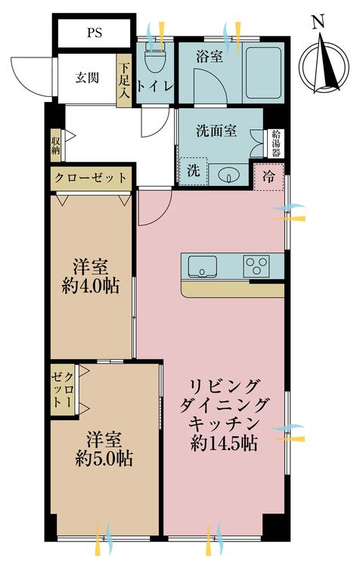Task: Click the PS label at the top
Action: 95,33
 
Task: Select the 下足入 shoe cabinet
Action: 125,79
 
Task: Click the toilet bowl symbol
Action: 156,56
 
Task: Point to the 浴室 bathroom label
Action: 209,56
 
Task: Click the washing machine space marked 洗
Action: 192,171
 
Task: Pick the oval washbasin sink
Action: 228,175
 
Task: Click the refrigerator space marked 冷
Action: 268,176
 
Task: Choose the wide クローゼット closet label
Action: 89,178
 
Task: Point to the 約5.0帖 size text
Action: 104,457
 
